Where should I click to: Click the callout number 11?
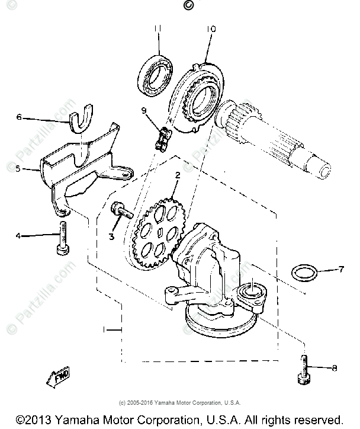pos(158,28)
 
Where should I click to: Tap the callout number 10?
pos(211,28)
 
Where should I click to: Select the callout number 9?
pos(144,110)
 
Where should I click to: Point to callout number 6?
pos(19,117)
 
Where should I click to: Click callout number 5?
pos(18,169)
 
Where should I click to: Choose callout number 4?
pos(18,236)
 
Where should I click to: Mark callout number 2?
pos(176,175)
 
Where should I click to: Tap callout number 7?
pos(340,270)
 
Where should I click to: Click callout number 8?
pos(335,368)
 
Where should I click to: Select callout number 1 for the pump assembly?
pos(105,328)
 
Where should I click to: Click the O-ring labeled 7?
pos(304,274)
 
